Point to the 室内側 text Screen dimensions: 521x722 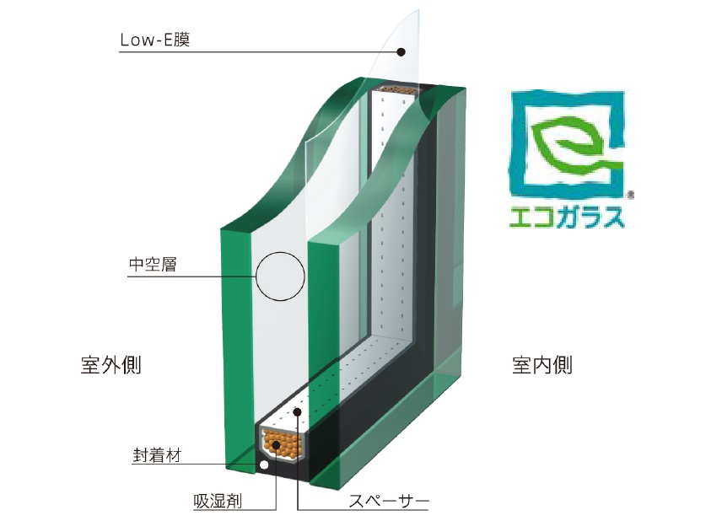pos(542,365)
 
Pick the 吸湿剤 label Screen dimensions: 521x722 pos(217,501)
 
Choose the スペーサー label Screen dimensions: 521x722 pos(389,501)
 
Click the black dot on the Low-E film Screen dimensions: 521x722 pos(401,51)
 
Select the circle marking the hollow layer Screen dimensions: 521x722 pos(279,276)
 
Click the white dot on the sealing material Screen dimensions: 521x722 pos(264,465)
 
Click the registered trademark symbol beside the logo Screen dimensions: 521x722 pos(631,193)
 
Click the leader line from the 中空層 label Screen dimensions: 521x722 pos(219,277)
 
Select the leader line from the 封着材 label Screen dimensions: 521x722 pos(219,465)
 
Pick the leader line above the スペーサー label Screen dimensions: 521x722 pos(299,464)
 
